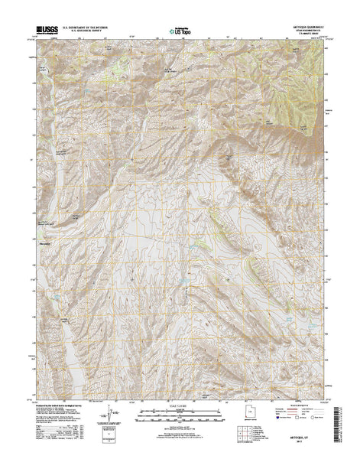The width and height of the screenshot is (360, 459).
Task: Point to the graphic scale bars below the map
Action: (x=180, y=414)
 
